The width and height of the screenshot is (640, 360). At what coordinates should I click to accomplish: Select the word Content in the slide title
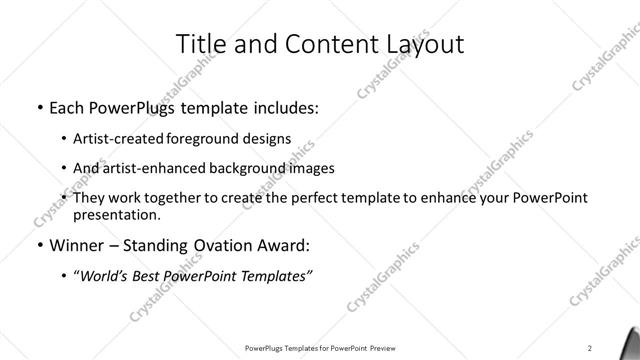[321, 44]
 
